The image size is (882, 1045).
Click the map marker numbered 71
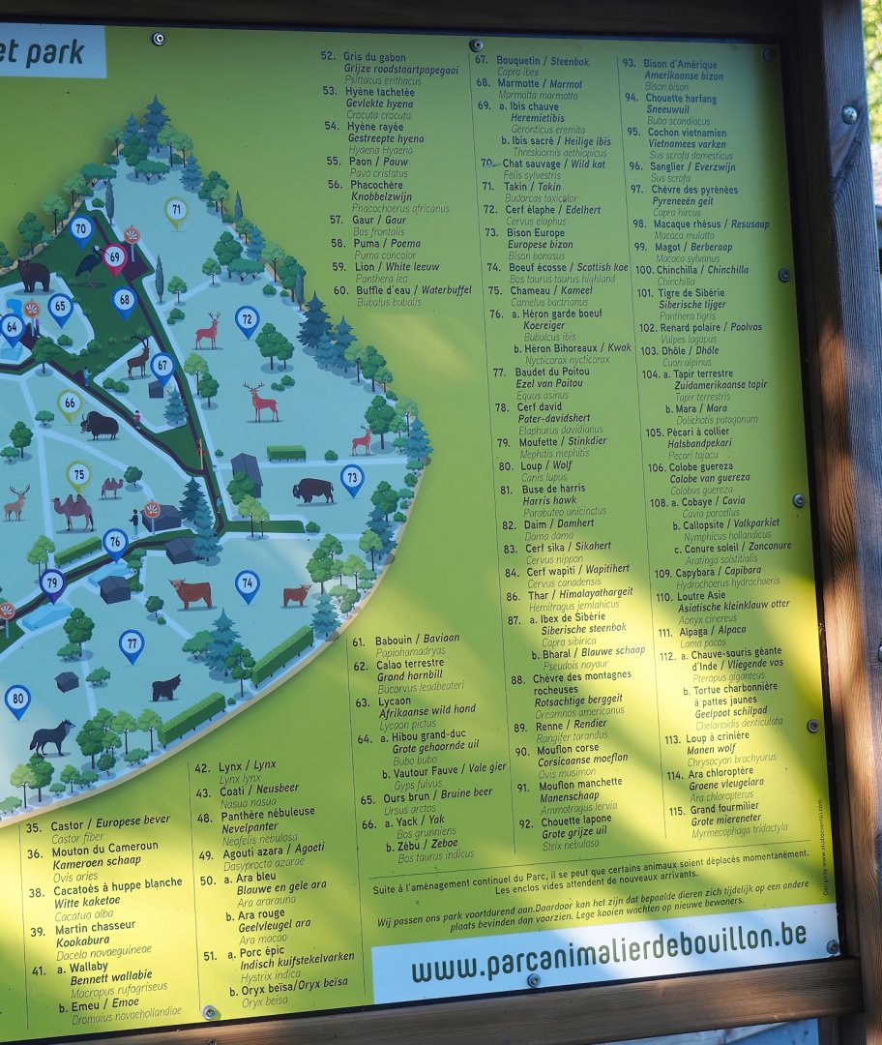(175, 210)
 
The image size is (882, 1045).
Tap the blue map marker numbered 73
(352, 477)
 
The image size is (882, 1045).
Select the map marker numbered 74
(248, 583)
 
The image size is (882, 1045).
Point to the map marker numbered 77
(132, 642)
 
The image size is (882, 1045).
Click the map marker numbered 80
(17, 700)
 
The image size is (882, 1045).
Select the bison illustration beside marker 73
(313, 490)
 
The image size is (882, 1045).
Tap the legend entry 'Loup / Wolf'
(546, 465)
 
